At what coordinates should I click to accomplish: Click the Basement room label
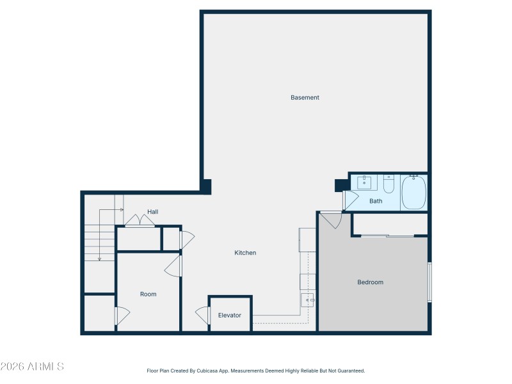[x=305, y=98]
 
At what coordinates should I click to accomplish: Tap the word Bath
[x=376, y=201]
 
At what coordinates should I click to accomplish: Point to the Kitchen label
[x=245, y=253]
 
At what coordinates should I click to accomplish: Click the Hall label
[x=153, y=212]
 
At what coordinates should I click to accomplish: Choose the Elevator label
[x=230, y=316]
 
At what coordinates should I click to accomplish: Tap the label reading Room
[x=148, y=294]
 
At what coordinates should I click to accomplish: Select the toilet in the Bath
[x=388, y=184]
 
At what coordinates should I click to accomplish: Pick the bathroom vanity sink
[x=367, y=183]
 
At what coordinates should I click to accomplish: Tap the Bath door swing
[x=350, y=200]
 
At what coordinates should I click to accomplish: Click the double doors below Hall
[x=140, y=221]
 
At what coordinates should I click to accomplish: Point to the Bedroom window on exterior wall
[x=429, y=282]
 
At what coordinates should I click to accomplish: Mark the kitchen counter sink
[x=308, y=300]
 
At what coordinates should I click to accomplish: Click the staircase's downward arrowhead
[x=99, y=259]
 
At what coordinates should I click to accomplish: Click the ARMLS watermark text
[x=32, y=367]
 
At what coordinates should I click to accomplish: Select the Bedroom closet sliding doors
[x=388, y=236]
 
